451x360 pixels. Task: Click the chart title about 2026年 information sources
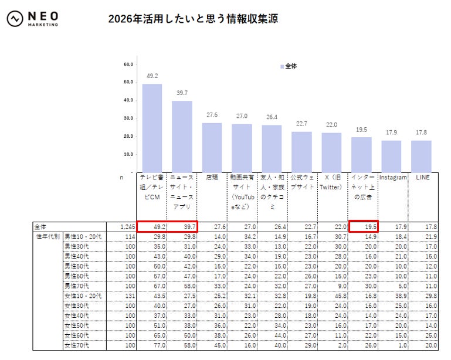(x=193, y=19)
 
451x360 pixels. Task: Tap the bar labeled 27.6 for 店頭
(x=212, y=147)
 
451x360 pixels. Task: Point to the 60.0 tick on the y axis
(x=128, y=64)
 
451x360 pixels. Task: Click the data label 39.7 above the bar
(x=182, y=93)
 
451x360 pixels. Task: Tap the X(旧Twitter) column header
(x=331, y=182)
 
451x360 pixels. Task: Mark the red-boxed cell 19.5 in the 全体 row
(x=363, y=226)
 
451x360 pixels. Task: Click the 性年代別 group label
(x=47, y=236)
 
